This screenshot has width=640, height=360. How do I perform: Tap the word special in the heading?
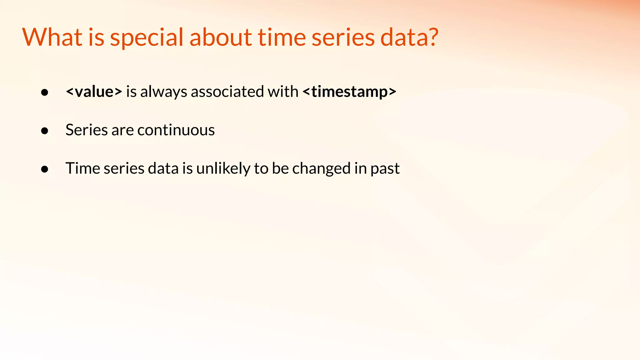tap(147, 37)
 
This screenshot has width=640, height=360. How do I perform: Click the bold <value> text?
tap(94, 92)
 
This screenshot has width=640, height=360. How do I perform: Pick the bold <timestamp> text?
tap(349, 92)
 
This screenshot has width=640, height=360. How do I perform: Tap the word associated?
tap(227, 92)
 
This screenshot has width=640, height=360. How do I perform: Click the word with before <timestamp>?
tap(283, 92)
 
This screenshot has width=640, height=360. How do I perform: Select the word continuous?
tap(176, 130)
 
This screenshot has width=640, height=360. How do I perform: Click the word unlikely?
tap(223, 168)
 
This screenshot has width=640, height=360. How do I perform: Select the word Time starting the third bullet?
tap(82, 168)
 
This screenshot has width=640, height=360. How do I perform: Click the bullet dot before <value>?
tap(45, 92)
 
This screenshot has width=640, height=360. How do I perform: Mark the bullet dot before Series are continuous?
tap(45, 131)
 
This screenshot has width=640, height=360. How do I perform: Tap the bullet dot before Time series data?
tap(45, 169)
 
